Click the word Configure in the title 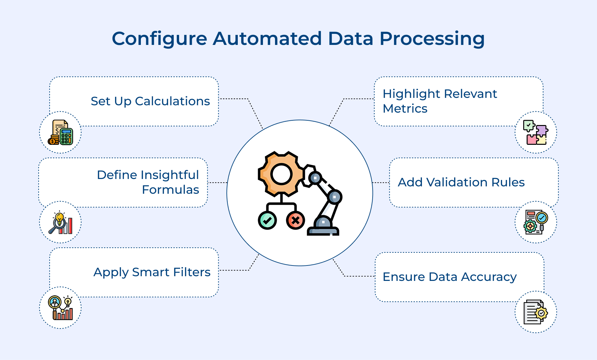coord(159,39)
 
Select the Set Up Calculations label coord(150,101)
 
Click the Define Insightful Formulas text coord(148,182)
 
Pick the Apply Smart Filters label coord(152,272)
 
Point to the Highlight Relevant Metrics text coord(439,101)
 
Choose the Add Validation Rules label coord(461,182)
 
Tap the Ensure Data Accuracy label coord(449,277)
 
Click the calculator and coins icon coord(60,133)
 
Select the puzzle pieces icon coord(536,133)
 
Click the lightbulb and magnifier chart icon coord(60,223)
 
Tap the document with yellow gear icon coord(536,312)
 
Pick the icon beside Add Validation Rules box coord(536,222)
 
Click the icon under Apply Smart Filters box coord(60,308)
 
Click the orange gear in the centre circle coord(281,174)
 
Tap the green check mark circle coord(267,221)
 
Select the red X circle coord(295,221)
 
